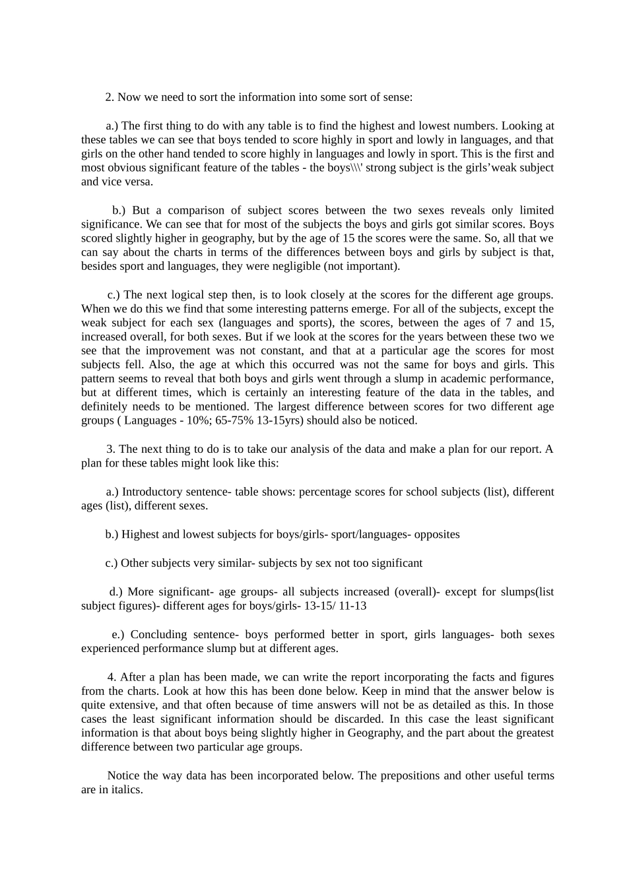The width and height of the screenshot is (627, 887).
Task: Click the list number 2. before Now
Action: click(110, 97)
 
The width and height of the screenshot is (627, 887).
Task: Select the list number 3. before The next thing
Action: click(111, 449)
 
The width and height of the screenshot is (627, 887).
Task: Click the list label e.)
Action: click(118, 634)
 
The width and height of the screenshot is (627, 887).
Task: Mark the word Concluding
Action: click(158, 634)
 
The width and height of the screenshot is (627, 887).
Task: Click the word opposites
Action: click(437, 534)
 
